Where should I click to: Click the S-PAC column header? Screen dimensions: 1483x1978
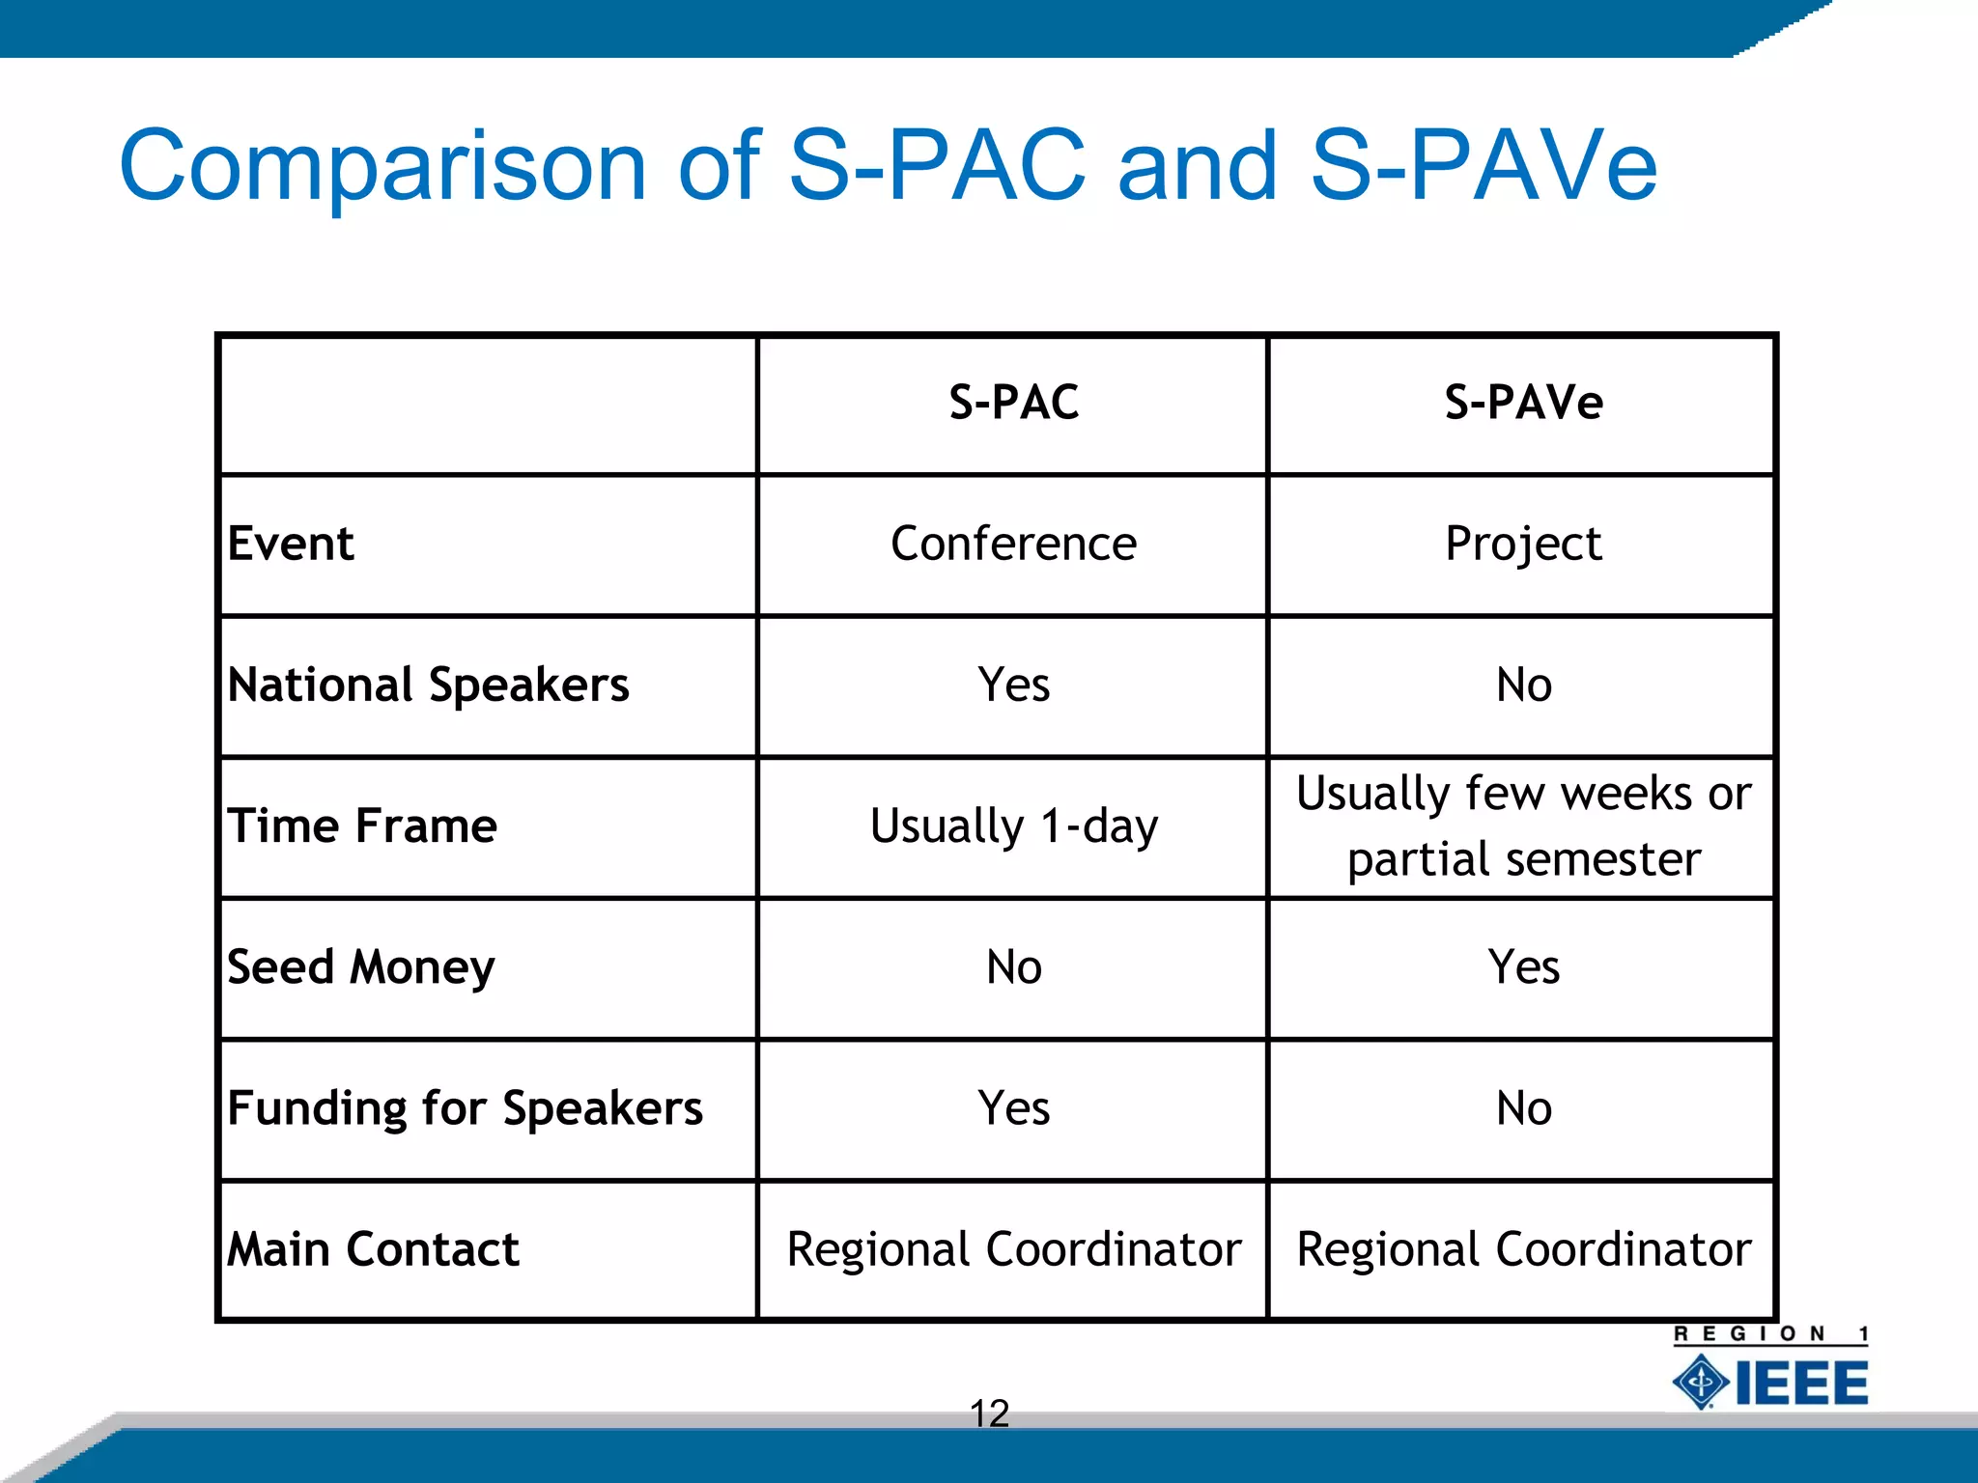click(x=1013, y=402)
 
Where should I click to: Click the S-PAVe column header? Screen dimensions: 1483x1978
click(x=1523, y=402)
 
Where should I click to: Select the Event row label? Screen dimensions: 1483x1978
click(x=291, y=544)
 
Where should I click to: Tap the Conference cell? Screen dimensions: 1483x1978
click(x=1013, y=544)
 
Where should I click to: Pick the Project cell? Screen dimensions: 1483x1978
click(x=1523, y=544)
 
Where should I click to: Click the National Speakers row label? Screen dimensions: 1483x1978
click(x=428, y=686)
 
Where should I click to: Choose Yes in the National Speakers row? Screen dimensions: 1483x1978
click(x=1013, y=686)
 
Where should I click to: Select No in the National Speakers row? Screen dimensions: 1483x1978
click(x=1523, y=686)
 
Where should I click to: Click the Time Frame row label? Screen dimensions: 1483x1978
click(x=362, y=826)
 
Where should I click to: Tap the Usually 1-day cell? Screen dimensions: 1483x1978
click(x=1013, y=826)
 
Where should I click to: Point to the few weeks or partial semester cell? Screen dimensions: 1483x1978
click(x=1523, y=826)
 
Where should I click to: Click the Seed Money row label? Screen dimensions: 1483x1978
click(x=360, y=967)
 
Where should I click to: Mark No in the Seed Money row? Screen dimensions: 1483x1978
click(x=1013, y=967)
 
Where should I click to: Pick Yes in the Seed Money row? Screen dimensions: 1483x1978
click(x=1523, y=967)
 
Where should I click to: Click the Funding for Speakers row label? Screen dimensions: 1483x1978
click(x=465, y=1108)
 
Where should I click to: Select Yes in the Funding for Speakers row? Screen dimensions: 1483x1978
click(x=1013, y=1108)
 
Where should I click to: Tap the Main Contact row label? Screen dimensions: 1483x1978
click(x=373, y=1249)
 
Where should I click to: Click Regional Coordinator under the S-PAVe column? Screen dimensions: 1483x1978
click(x=1523, y=1249)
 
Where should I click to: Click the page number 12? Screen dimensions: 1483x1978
click(x=989, y=1413)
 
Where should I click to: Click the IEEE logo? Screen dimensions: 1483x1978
click(x=1770, y=1382)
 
